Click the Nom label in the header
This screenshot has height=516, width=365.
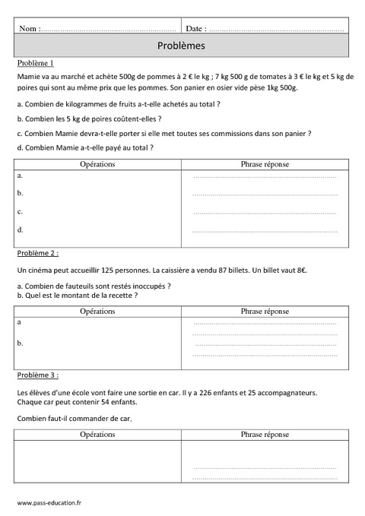[x=28, y=28]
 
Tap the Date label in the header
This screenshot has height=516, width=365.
[x=195, y=28]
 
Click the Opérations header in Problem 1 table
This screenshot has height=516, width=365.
[x=97, y=163]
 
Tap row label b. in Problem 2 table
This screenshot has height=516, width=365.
[x=20, y=343]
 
